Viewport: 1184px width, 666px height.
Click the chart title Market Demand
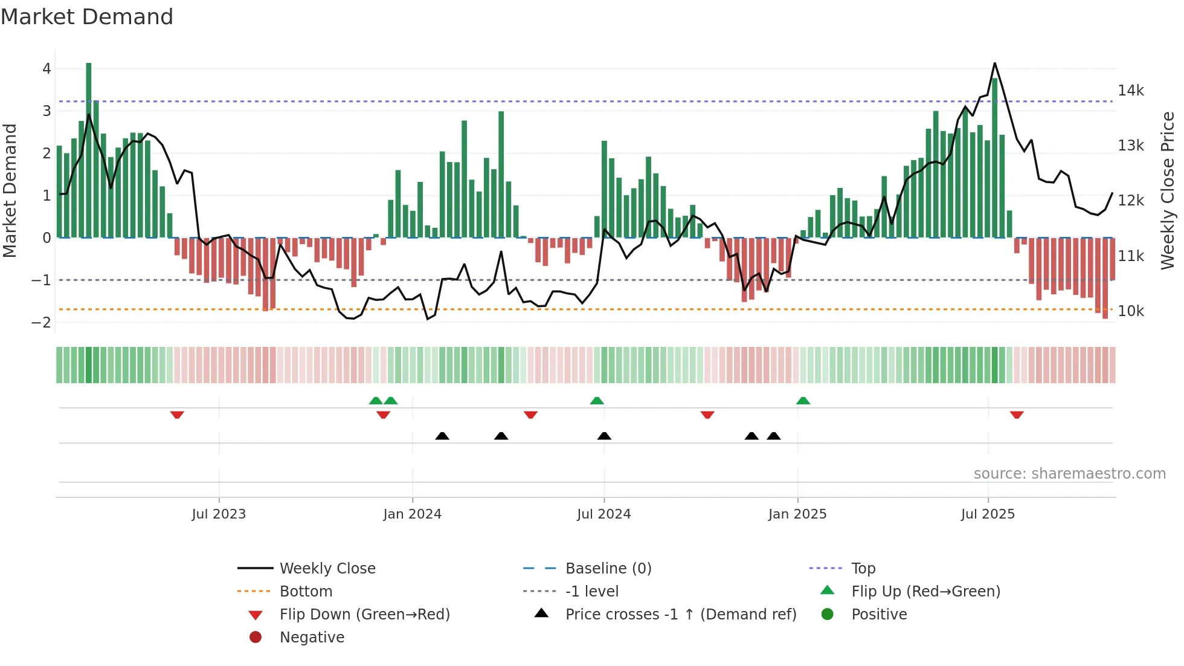pyautogui.click(x=87, y=17)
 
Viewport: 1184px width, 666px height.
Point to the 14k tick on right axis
pyautogui.click(x=1130, y=91)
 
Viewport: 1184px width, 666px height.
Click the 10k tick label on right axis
pyautogui.click(x=1130, y=311)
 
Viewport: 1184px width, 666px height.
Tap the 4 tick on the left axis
pyautogui.click(x=47, y=69)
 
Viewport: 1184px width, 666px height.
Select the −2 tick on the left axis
pyautogui.click(x=42, y=323)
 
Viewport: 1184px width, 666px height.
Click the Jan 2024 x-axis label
pyautogui.click(x=412, y=514)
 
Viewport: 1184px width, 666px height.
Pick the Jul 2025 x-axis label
pyautogui.click(x=988, y=514)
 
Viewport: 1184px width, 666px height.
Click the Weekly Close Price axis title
pyautogui.click(x=1168, y=190)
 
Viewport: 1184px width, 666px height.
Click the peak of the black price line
pyautogui.click(x=994, y=63)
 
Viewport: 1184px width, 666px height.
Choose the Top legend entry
pyautogui.click(x=863, y=569)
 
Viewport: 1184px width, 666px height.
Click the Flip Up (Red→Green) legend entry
pyautogui.click(x=925, y=592)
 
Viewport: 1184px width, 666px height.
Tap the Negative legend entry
pyautogui.click(x=312, y=638)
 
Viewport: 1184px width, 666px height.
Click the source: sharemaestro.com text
pyautogui.click(x=1069, y=474)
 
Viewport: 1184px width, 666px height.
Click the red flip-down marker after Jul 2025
pyautogui.click(x=1017, y=415)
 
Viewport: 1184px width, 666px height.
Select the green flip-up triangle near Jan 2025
pyautogui.click(x=803, y=401)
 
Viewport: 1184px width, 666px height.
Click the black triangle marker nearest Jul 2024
pyautogui.click(x=604, y=436)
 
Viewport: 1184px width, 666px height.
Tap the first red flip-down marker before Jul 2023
pyautogui.click(x=177, y=415)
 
